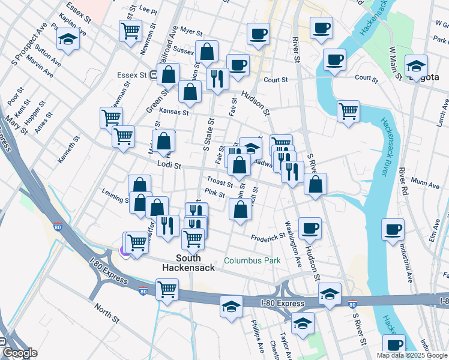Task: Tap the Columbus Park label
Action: [252, 261]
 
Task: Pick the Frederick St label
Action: [268, 238]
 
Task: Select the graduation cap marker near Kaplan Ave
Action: [68, 40]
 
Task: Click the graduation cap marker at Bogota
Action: [415, 66]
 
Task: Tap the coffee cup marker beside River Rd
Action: [393, 229]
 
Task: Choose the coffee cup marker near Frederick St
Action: [310, 227]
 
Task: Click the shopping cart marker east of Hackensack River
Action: [348, 110]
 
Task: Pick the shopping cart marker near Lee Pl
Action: [130, 30]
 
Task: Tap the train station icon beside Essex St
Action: [154, 76]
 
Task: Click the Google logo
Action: [19, 353]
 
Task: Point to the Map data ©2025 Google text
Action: [412, 355]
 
